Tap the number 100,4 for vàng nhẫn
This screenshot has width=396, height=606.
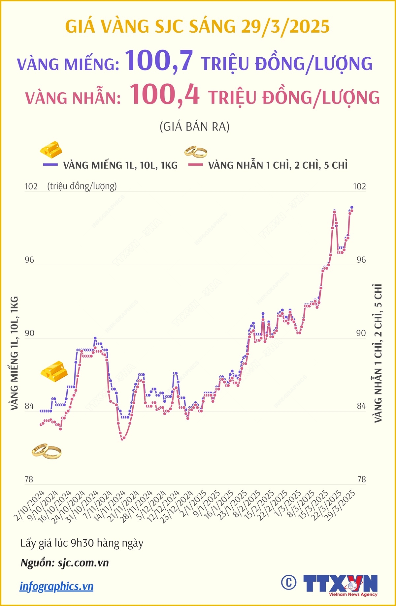coord(164,95)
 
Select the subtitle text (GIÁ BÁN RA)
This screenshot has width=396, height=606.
coord(194,127)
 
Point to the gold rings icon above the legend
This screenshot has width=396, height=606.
coord(196,152)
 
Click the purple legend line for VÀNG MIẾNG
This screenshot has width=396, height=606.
coord(50,164)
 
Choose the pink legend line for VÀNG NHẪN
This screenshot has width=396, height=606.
coord(195,164)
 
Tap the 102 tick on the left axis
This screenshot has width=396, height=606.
coord(31,187)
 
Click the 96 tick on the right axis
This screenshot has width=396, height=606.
coord(361,260)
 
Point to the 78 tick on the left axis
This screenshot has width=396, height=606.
coord(29,479)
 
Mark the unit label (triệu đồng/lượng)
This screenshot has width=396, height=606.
coord(82,187)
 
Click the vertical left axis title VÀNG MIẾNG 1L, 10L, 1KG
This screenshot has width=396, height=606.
coord(14,353)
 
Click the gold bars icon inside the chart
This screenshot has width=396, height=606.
coord(54,371)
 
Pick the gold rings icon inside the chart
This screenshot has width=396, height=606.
coord(47,451)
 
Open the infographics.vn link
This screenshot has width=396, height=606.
coord(56,586)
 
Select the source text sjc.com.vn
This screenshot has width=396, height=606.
coord(83,563)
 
